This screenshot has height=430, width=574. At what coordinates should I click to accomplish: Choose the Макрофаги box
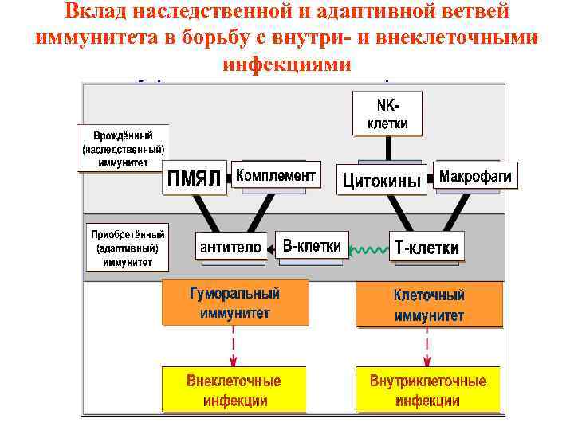tap(476, 175)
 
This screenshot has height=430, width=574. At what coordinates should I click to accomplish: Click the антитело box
tap(230, 247)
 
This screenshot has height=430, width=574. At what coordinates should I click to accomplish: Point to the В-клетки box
tap(312, 246)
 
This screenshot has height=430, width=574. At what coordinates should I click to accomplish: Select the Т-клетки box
tap(427, 248)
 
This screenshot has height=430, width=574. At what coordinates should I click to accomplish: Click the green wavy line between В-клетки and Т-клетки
tap(368, 249)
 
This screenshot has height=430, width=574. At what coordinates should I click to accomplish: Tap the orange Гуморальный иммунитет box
tap(235, 303)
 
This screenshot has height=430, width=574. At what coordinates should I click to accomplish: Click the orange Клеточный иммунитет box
tap(429, 305)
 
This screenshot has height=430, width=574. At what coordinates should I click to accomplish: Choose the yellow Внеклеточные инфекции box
tap(234, 389)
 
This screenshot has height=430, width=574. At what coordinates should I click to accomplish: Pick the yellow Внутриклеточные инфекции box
tap(427, 389)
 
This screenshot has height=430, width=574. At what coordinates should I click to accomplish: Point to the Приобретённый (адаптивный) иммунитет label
tap(128, 248)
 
